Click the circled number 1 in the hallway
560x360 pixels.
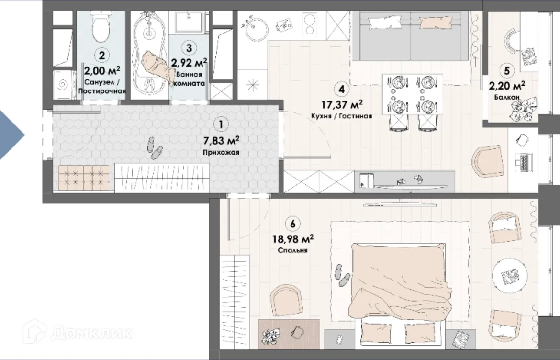pos(221,124)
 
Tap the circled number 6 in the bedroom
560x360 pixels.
pos(293,224)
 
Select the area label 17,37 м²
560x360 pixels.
pos(342,105)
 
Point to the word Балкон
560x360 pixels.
pos(507,97)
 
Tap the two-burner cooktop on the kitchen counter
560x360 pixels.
pos(313,24)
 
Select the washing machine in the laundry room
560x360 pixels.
pos(64,85)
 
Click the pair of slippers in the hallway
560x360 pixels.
pos(154,148)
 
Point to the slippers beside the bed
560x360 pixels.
pos(342,275)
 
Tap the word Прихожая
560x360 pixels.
pos(221,153)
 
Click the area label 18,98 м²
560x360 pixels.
pos(293,238)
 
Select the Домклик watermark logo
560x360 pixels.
pos(78,332)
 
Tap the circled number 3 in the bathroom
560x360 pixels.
pos(189,47)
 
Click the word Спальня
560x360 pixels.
pos(293,250)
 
